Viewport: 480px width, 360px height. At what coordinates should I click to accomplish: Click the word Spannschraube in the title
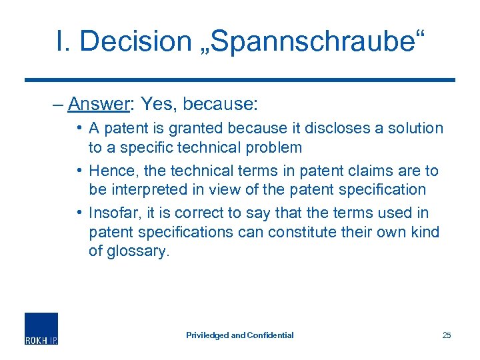[x=306, y=41]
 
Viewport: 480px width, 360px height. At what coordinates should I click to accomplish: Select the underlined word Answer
[x=99, y=104]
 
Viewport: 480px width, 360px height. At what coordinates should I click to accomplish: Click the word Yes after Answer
[x=159, y=104]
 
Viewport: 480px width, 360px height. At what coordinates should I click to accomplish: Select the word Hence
[x=111, y=171]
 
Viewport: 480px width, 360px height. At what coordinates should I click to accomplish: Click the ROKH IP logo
[x=41, y=328]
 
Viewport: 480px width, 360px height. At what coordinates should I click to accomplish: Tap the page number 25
[x=446, y=335]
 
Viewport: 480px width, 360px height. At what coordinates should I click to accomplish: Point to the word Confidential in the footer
[x=270, y=335]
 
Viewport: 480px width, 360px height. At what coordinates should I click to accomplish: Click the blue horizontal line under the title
[x=240, y=80]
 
